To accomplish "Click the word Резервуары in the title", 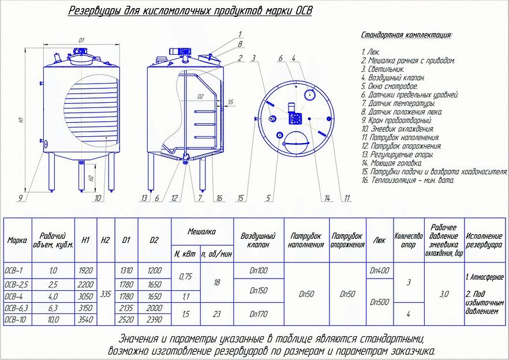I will (95, 11).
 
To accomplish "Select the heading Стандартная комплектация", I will (406, 35).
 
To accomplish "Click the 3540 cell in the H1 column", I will (85, 318).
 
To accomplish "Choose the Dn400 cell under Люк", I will (379, 270).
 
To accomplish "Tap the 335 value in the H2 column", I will (105, 294).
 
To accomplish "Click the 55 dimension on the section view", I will (230, 102).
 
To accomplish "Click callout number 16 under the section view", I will (219, 198).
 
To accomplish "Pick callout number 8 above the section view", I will (240, 44).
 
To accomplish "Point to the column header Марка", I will (17, 241).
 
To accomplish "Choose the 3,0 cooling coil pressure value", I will (444, 294).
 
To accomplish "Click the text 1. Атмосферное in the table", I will (485, 277).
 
